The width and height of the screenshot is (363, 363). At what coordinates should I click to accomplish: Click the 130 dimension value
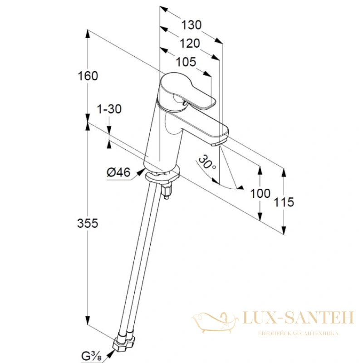(x=191, y=25)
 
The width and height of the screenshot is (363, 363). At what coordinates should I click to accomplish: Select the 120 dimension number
(x=190, y=43)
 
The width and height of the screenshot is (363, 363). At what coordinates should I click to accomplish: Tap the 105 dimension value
(x=186, y=62)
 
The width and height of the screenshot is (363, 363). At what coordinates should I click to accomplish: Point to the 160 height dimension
(x=88, y=76)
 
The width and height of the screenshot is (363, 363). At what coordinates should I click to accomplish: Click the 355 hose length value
(x=88, y=223)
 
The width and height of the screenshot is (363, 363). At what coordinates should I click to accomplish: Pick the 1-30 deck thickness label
(x=109, y=109)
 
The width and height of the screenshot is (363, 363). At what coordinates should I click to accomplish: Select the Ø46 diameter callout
(x=119, y=172)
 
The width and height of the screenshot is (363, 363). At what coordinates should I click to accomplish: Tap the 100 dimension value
(x=260, y=193)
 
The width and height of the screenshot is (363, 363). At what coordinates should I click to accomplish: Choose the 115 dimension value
(x=284, y=202)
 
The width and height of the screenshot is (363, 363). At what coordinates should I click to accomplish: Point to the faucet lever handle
(x=188, y=92)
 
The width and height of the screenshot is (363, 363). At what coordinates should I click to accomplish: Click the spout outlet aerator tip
(x=216, y=144)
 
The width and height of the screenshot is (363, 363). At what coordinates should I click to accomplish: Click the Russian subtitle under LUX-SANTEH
(x=298, y=334)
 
